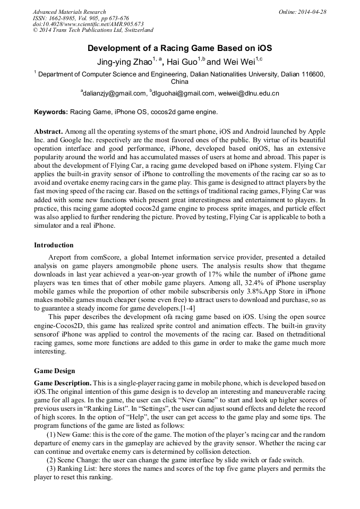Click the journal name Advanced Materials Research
(69, 12)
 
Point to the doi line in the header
(88, 24)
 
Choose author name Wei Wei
(238, 62)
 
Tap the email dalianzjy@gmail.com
(114, 94)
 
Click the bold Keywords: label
(51, 113)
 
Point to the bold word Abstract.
(48, 131)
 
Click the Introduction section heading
(54, 245)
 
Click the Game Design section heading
(55, 371)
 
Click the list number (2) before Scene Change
(53, 460)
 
